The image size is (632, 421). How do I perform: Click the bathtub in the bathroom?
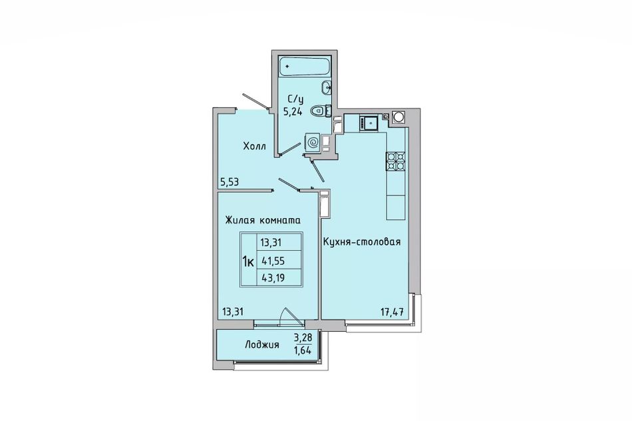304,66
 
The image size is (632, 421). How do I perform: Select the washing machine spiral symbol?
313,142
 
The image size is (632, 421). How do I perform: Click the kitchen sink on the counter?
369,123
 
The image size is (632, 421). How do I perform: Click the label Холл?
254,146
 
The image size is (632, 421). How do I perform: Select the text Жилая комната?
263,220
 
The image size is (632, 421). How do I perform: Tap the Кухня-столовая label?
361,241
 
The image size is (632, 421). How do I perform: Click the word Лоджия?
262,345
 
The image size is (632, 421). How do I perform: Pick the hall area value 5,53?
229,182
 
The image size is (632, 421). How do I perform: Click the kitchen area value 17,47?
393,311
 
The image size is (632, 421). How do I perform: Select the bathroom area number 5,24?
293,112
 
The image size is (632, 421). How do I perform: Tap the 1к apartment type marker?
248,262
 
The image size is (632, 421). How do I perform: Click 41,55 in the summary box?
273,261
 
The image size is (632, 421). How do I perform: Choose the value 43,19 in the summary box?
273,277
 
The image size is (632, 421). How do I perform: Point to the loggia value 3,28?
303,337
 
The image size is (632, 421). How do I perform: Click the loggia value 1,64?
303,350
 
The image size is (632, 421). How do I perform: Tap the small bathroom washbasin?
327,86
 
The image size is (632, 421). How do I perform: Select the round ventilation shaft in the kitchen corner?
398,117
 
